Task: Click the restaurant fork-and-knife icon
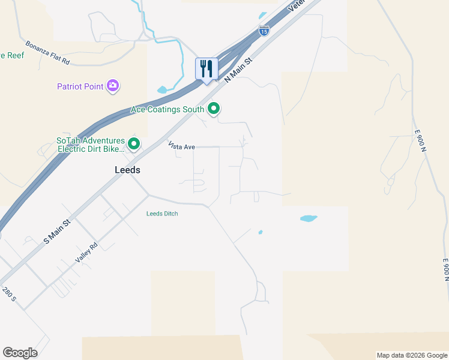coord(206,68)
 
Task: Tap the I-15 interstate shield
coord(264,31)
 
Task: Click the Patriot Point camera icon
coord(112,86)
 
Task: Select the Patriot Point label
coord(80,86)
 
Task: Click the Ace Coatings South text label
coord(167,110)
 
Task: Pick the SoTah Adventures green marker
coord(133,144)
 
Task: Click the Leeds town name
coord(127,170)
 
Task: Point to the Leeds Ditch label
coord(162,214)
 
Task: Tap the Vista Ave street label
coord(181,146)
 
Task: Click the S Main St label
coord(58,230)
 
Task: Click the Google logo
coord(20,353)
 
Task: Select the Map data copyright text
coord(412,355)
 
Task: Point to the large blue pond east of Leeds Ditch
coord(308,218)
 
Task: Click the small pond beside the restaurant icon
coord(163,90)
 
